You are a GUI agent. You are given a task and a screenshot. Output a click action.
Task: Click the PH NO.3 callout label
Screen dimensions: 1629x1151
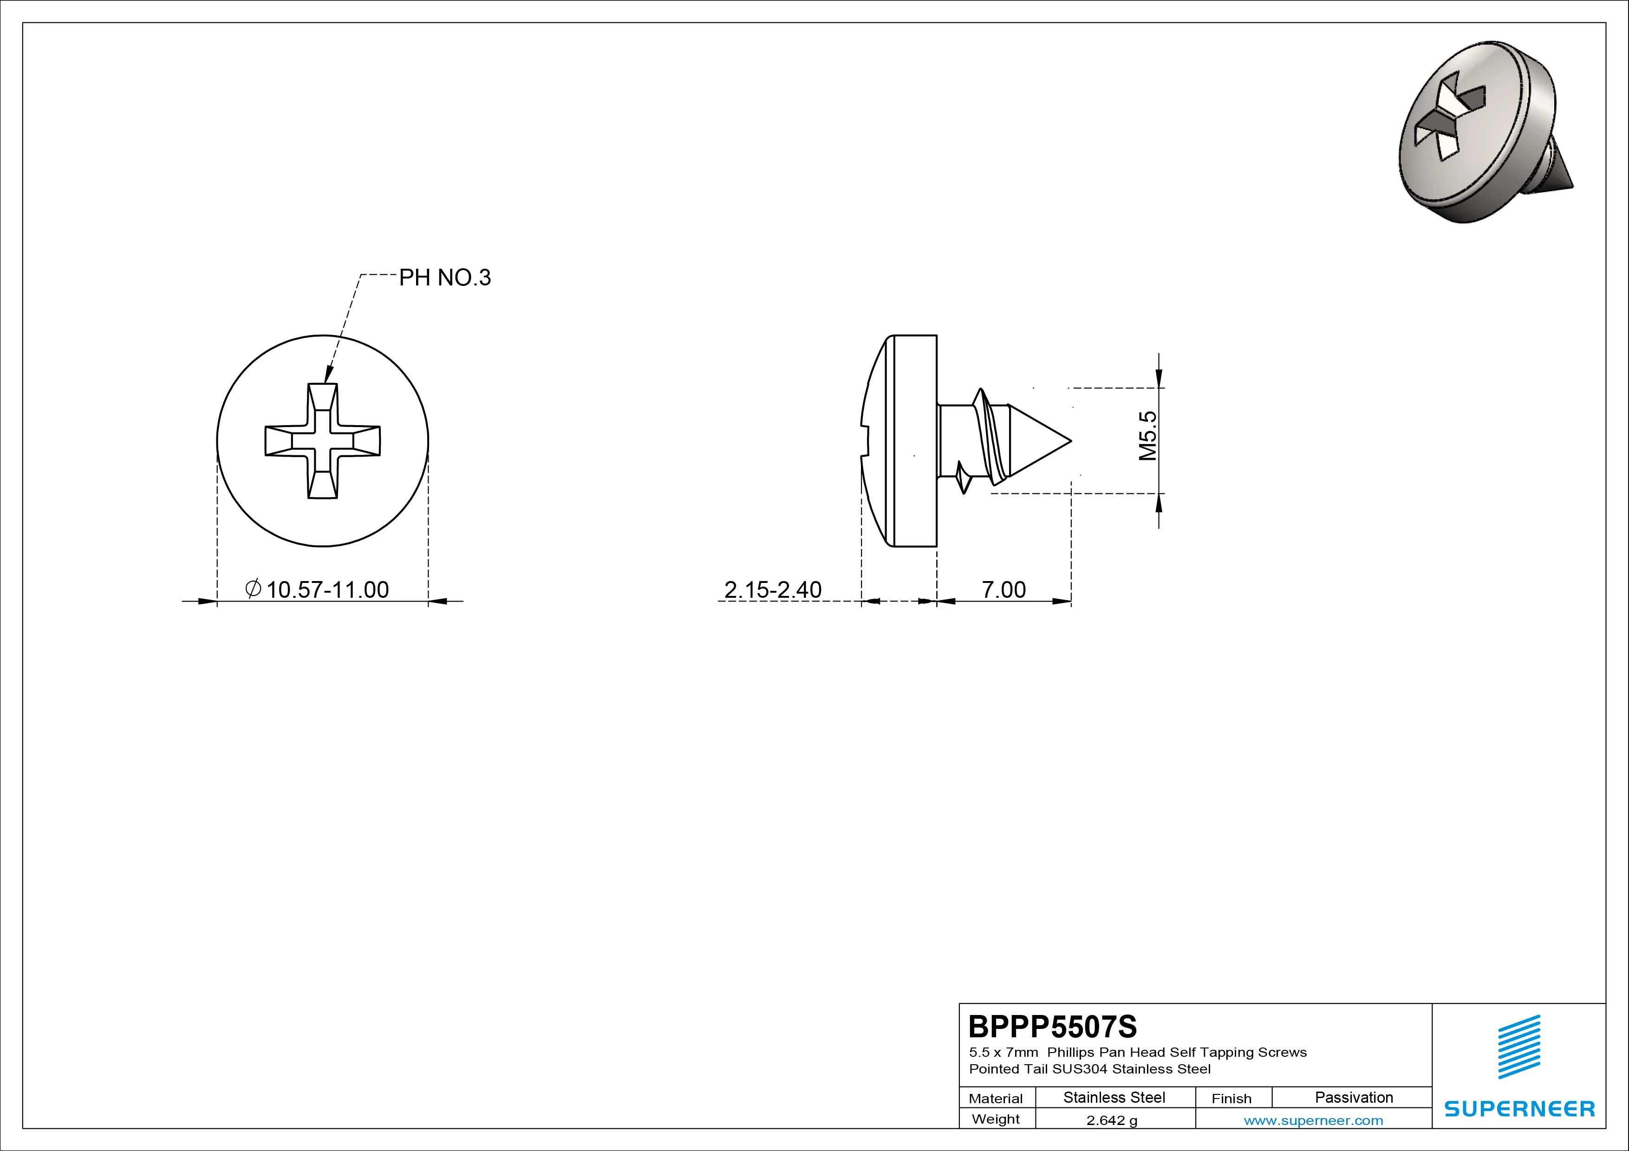click(x=445, y=277)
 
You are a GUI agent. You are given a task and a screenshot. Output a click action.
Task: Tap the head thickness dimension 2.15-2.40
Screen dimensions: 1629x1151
click(x=773, y=589)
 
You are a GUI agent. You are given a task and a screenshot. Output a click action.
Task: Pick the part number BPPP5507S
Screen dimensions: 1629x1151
click(x=1053, y=1026)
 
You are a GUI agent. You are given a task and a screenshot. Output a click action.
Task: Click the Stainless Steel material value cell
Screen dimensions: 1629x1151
click(x=1114, y=1097)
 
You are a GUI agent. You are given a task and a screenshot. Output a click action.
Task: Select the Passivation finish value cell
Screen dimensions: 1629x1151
click(x=1354, y=1097)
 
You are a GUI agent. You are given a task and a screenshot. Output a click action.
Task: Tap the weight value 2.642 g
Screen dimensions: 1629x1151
click(x=1112, y=1120)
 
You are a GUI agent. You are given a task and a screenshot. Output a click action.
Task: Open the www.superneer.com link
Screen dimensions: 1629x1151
click(x=1313, y=1120)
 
